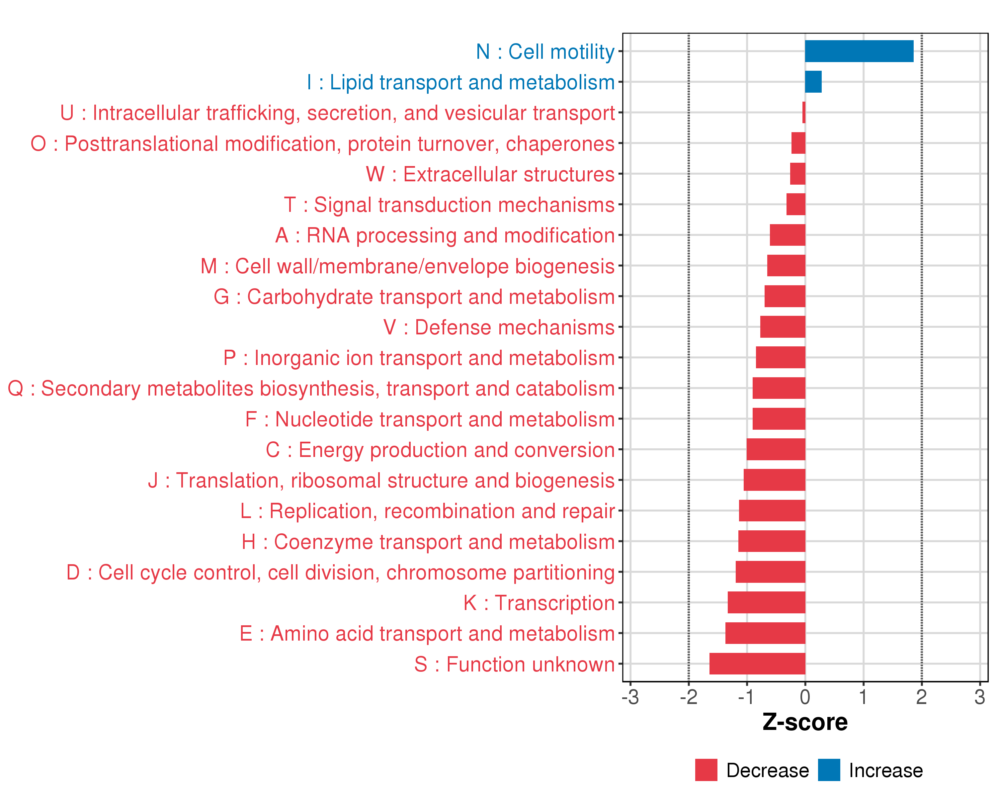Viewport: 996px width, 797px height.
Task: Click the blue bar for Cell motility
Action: [859, 51]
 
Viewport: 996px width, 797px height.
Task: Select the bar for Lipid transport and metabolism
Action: [813, 82]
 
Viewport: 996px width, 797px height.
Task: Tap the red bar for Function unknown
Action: [757, 664]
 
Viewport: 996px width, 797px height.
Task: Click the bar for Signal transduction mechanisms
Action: [795, 204]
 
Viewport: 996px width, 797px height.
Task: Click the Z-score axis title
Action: [805, 722]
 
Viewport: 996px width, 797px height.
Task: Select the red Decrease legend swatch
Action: [706, 770]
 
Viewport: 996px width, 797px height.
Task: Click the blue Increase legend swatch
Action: [829, 770]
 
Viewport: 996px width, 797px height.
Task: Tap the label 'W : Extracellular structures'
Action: [490, 175]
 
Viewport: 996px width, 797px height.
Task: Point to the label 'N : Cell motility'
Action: [545, 52]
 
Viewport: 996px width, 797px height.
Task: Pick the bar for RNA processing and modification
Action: [787, 235]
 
